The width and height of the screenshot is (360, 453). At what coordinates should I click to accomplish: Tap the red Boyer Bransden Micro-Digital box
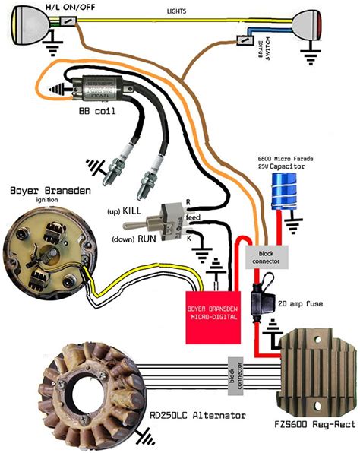click(210, 311)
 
